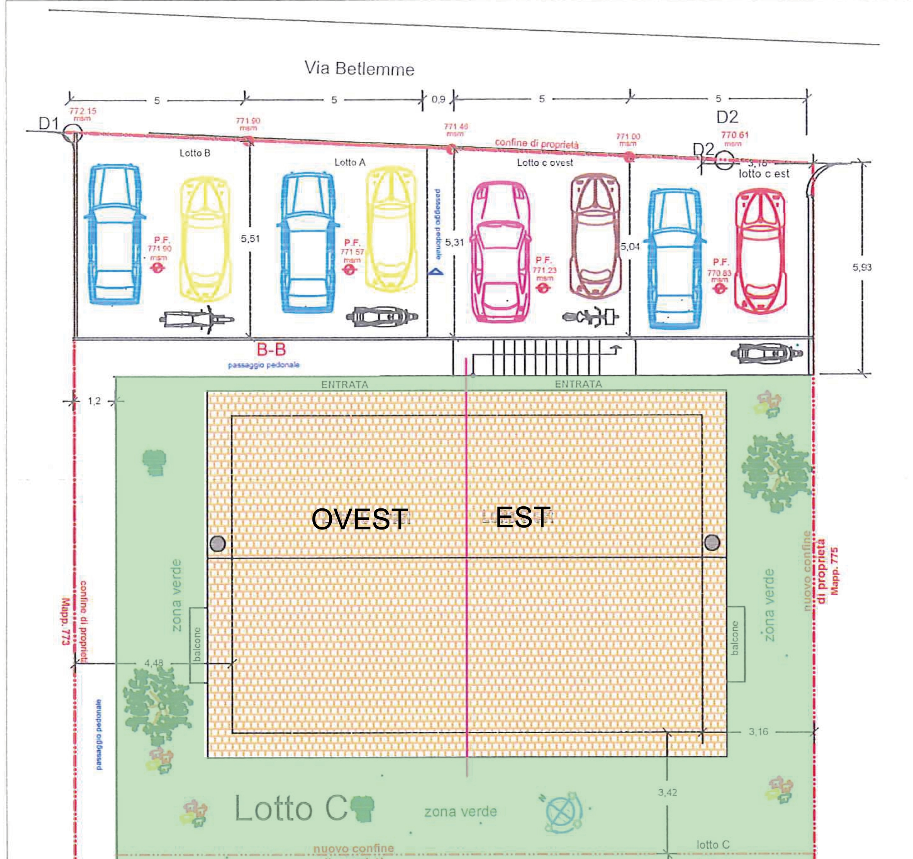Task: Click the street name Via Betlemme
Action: click(359, 69)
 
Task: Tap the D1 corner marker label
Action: click(49, 124)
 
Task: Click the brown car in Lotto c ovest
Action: click(595, 236)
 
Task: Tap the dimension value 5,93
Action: click(862, 267)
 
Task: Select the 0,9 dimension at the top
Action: click(438, 99)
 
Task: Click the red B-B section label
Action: click(271, 350)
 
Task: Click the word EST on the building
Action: click(522, 517)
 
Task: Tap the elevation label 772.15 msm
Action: click(83, 114)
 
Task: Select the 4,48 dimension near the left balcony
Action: click(153, 663)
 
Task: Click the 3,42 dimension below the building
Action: click(667, 792)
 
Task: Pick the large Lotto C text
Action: click(290, 808)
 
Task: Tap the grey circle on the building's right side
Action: click(712, 542)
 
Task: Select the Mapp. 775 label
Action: click(835, 571)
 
